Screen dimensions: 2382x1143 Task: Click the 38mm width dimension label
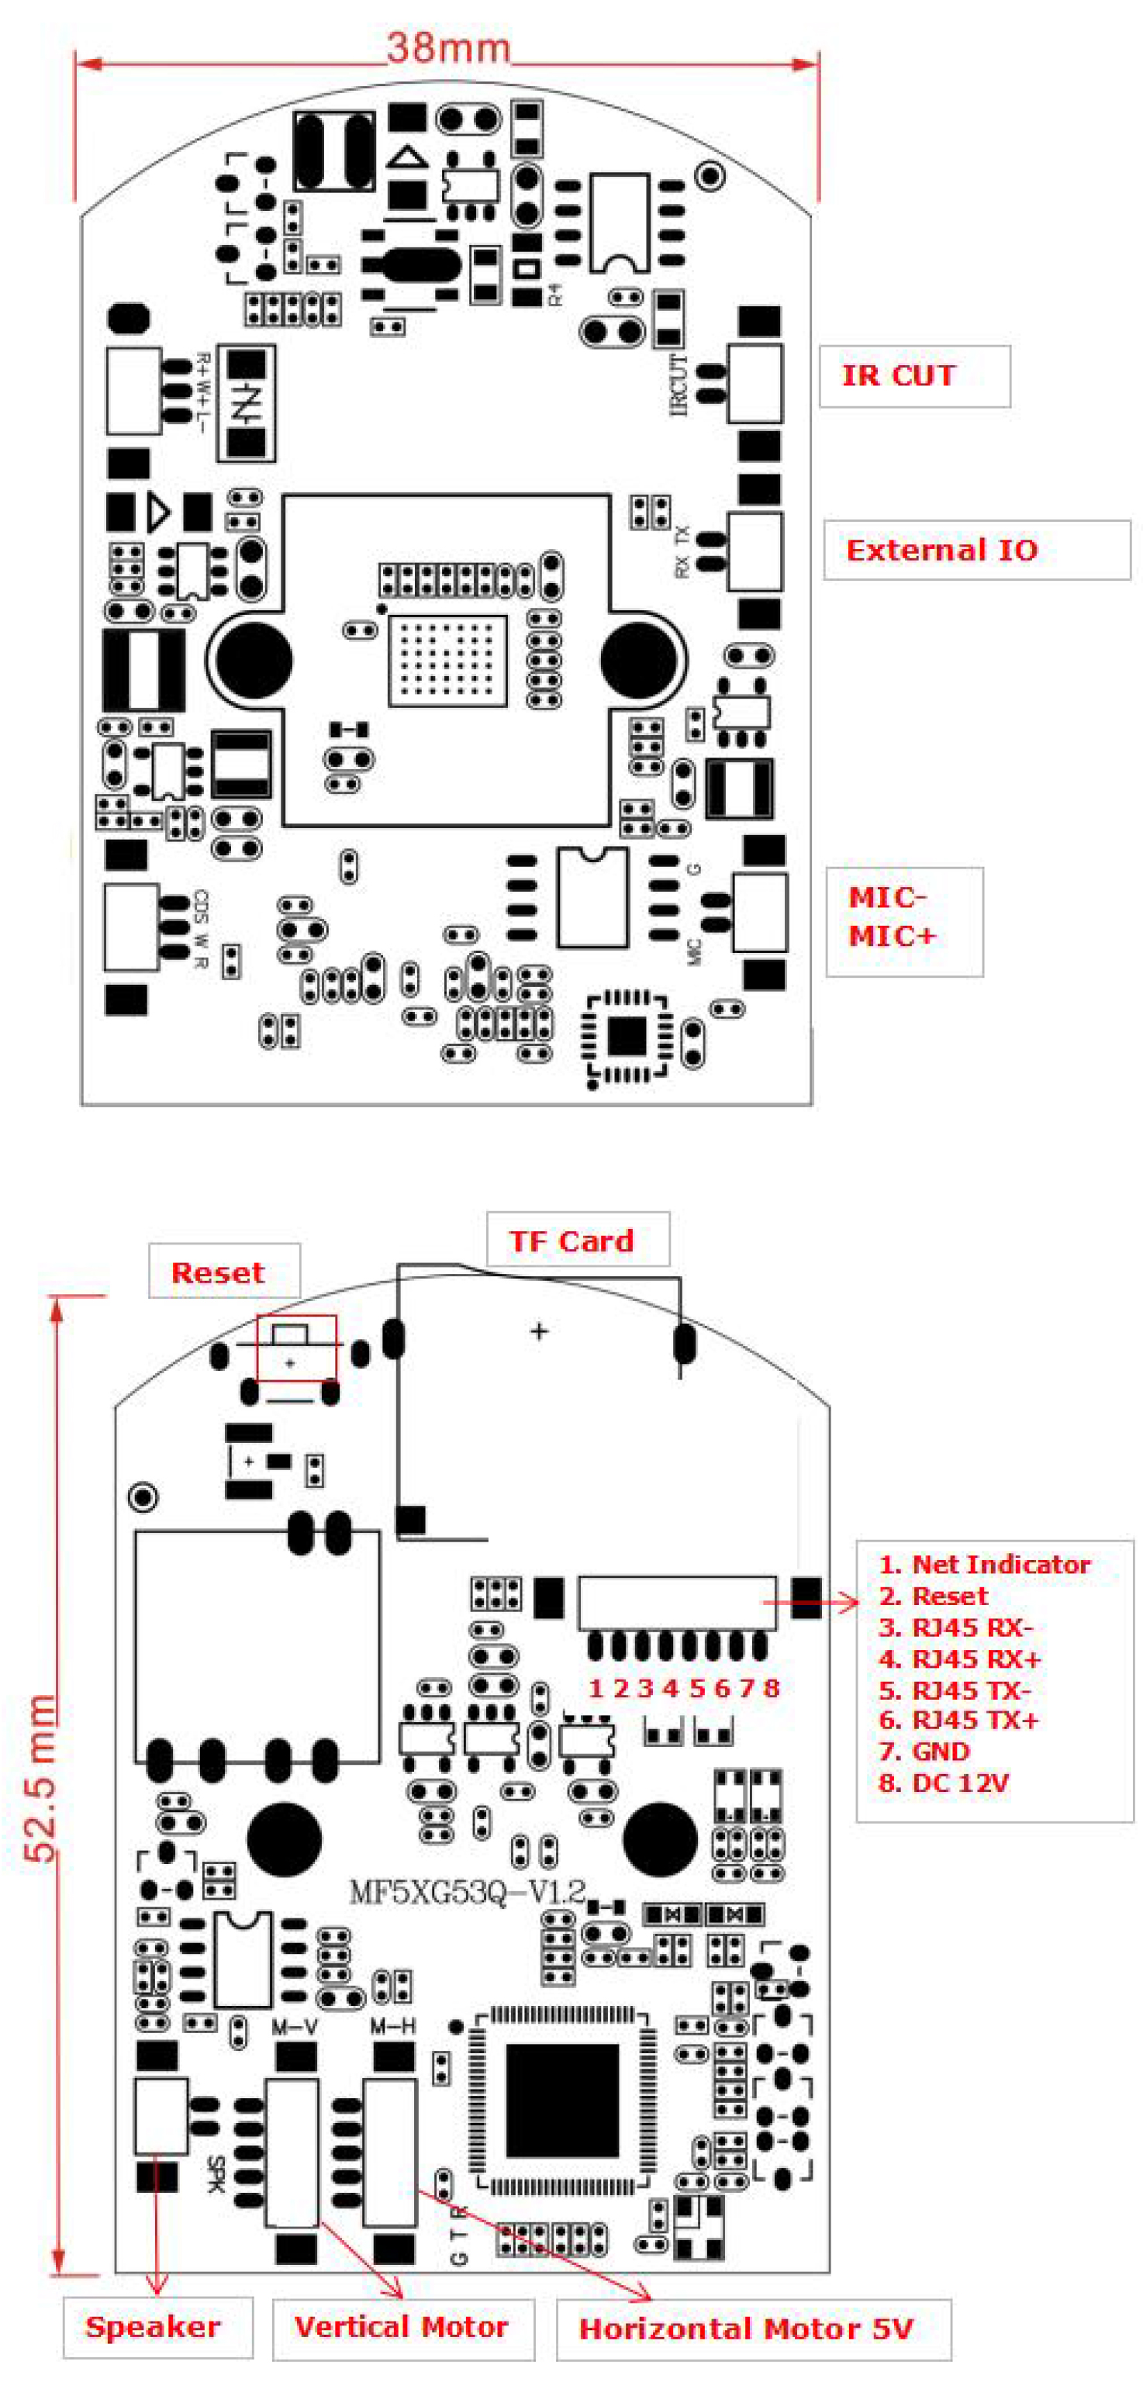coord(448,47)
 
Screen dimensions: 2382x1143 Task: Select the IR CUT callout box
coord(913,375)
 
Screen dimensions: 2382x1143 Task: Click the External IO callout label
coord(941,551)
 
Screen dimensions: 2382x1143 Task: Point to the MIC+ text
coord(893,936)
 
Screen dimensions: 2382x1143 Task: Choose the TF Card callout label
coord(571,1240)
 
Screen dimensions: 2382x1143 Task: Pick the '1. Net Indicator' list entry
coord(984,1564)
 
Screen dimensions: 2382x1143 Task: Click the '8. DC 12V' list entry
coord(943,1783)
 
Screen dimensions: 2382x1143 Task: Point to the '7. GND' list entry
coord(924,1752)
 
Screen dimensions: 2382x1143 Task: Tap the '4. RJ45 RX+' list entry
coord(959,1658)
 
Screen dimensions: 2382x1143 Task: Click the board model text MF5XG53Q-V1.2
coord(467,1892)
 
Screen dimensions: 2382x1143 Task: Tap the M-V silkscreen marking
coord(295,2028)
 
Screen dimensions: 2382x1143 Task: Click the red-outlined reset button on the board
coord(296,1348)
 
